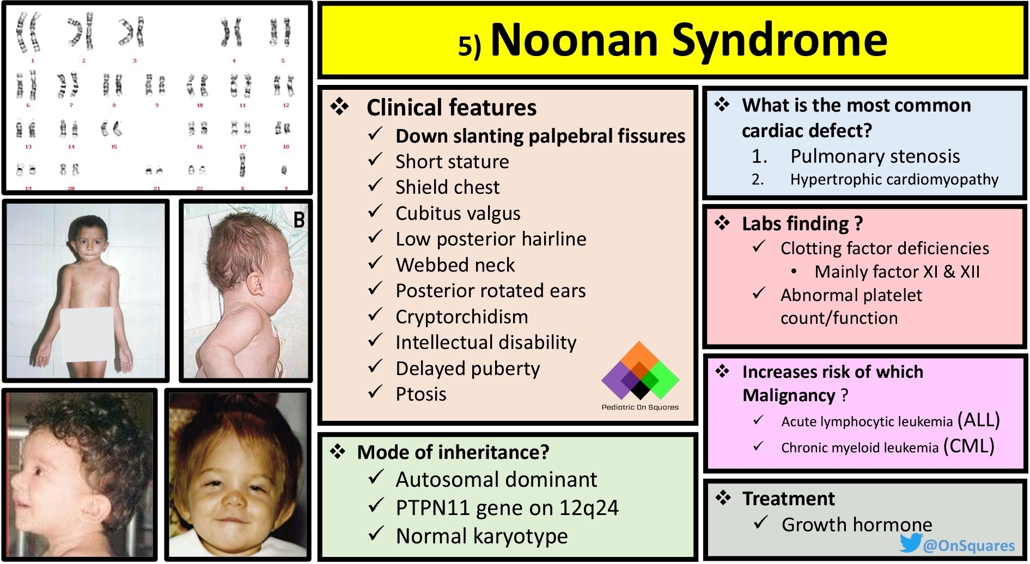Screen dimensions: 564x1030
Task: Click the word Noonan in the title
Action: pyautogui.click(x=574, y=40)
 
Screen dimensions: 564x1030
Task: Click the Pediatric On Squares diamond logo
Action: pyautogui.click(x=640, y=371)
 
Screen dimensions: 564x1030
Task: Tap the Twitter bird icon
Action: pyautogui.click(x=910, y=543)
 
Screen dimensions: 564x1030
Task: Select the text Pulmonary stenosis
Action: pyautogui.click(x=875, y=157)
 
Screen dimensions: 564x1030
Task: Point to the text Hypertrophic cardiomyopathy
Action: pyautogui.click(x=894, y=180)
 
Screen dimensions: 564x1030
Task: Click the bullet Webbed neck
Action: pyautogui.click(x=455, y=265)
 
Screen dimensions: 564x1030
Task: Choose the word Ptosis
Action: pyautogui.click(x=420, y=394)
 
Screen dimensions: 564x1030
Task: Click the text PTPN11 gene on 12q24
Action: pyautogui.click(x=507, y=508)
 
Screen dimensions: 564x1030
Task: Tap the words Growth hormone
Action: pyautogui.click(x=856, y=525)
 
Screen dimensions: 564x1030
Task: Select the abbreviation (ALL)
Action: pyautogui.click(x=978, y=420)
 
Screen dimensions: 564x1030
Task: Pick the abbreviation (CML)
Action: pyautogui.click(x=969, y=446)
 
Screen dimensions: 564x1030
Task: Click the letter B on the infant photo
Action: pyautogui.click(x=298, y=220)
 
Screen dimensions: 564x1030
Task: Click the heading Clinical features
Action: pyautogui.click(x=451, y=108)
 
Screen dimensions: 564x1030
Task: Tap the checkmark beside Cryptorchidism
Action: pyautogui.click(x=375, y=315)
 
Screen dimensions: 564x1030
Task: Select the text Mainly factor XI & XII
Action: pyautogui.click(x=897, y=272)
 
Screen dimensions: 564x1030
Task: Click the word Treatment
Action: pyautogui.click(x=788, y=499)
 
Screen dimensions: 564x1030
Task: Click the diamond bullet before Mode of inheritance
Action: pyautogui.click(x=338, y=451)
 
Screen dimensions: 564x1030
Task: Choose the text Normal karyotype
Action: pyautogui.click(x=482, y=536)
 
